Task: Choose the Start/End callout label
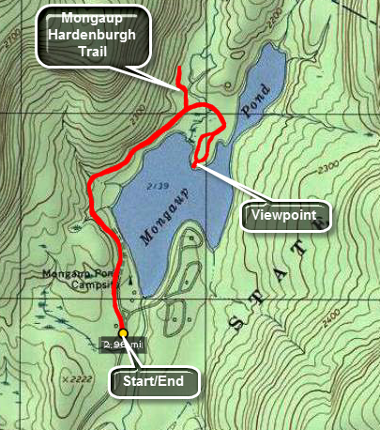pyautogui.click(x=154, y=382)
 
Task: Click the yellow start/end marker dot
pyautogui.click(x=123, y=332)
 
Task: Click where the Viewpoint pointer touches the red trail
pyautogui.click(x=193, y=165)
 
